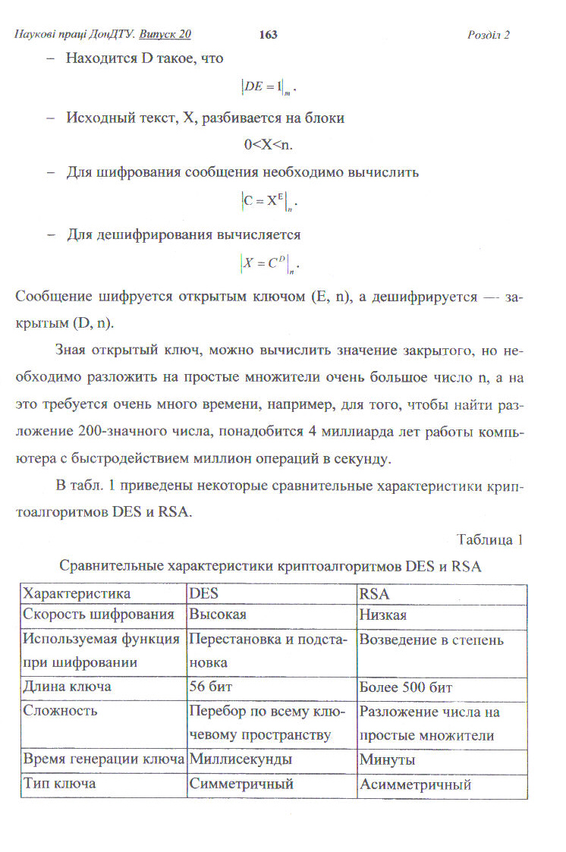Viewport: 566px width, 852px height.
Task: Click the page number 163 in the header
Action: [x=269, y=34]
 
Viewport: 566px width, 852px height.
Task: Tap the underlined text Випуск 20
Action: [x=165, y=34]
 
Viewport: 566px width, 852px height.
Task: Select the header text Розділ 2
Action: [x=489, y=35]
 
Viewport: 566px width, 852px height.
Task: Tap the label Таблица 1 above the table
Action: [x=490, y=540]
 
